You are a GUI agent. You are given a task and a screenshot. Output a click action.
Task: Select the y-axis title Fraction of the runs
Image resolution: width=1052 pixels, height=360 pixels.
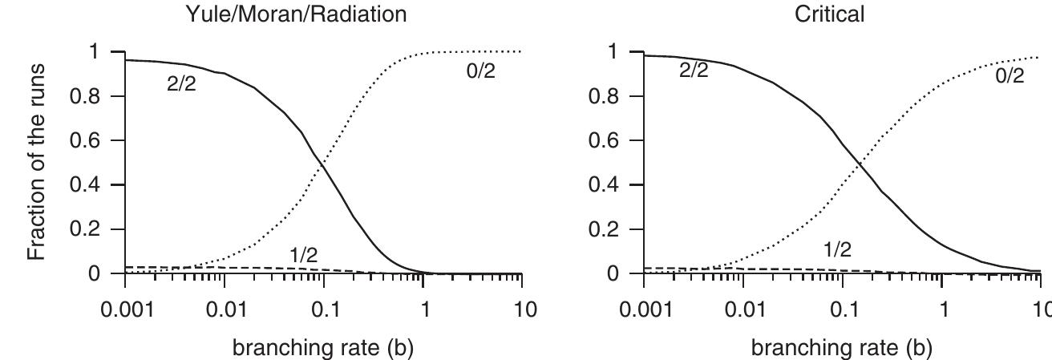(x=37, y=162)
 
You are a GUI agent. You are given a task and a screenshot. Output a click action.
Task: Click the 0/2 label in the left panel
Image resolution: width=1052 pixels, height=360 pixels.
(x=481, y=71)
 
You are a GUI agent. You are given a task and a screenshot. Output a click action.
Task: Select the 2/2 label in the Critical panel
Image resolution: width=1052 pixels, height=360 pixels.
(x=694, y=71)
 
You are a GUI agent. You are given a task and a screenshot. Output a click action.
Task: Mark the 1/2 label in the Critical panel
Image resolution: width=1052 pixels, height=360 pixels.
(x=838, y=250)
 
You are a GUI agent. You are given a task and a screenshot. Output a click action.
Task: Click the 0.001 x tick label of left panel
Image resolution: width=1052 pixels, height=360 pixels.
(x=125, y=309)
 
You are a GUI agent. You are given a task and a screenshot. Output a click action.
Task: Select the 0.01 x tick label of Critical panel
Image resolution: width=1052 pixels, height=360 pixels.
(x=742, y=309)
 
